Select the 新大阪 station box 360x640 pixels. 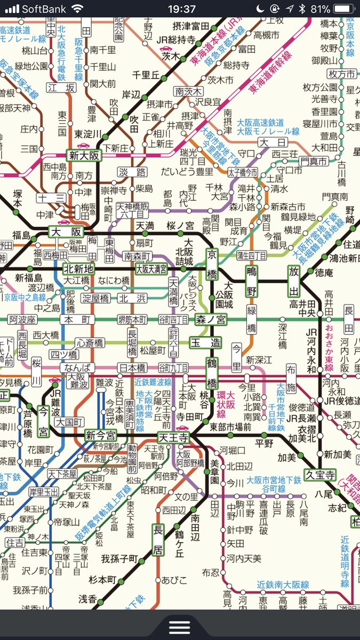[84, 156]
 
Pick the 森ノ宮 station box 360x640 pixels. [211, 319]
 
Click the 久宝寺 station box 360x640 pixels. [320, 474]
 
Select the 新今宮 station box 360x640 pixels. [100, 435]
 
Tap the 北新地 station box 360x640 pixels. [78, 268]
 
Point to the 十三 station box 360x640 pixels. [51, 198]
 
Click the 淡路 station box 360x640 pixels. [132, 172]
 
